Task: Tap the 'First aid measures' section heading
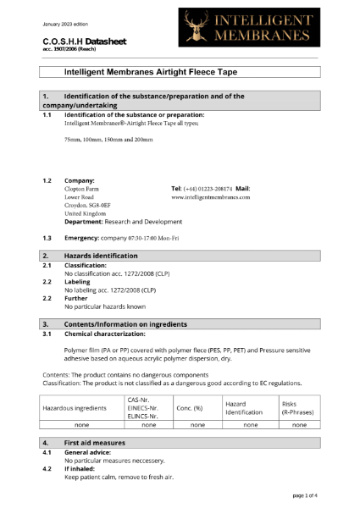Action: [95, 443]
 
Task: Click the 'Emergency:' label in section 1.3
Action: [84, 238]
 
